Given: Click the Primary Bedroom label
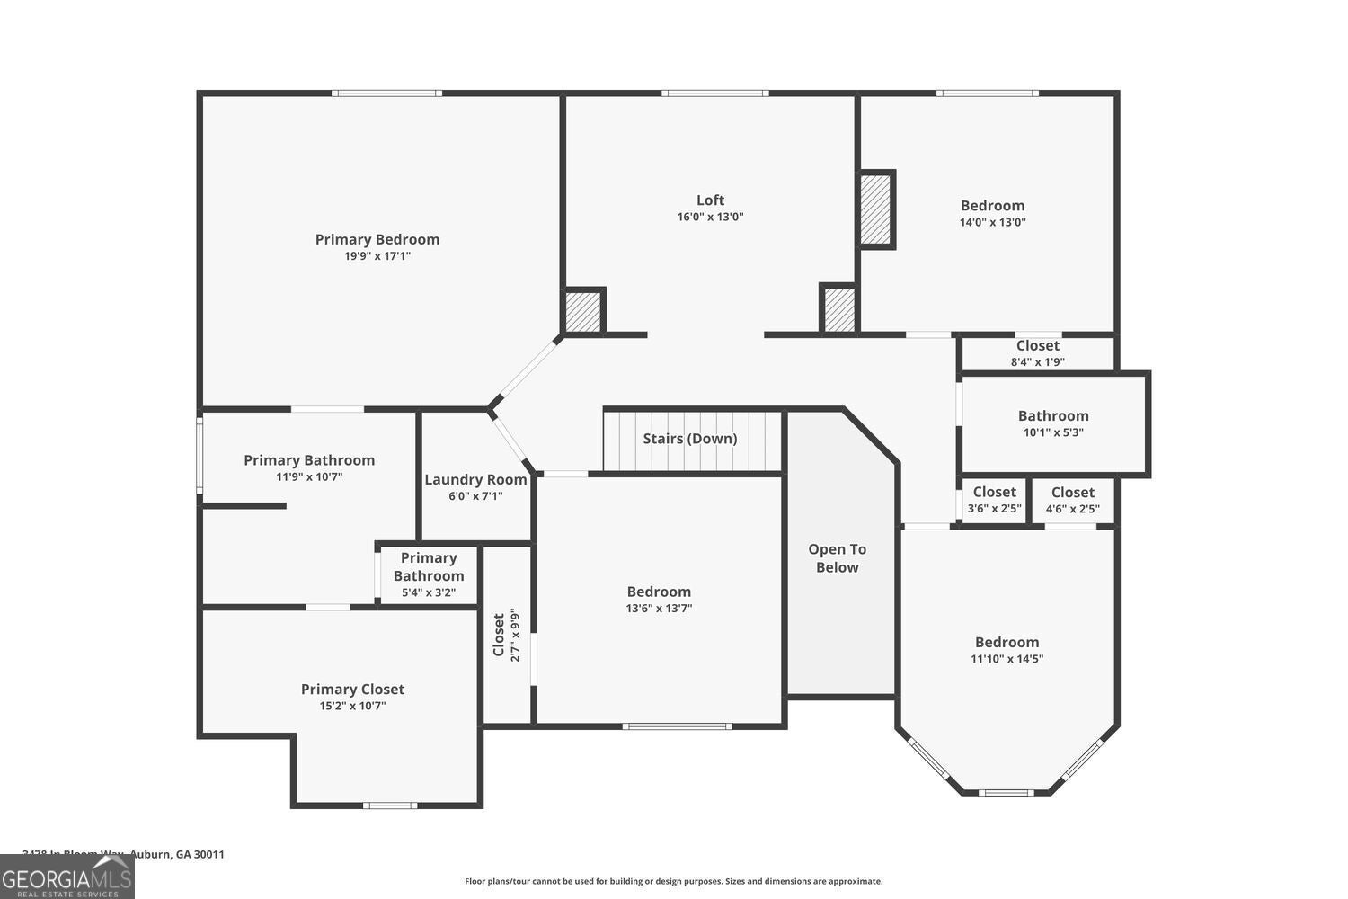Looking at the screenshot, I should click(377, 239).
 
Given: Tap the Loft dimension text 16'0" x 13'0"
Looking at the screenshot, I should click(710, 217).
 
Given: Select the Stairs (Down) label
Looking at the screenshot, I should click(689, 439).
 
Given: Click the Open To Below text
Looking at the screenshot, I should click(837, 558).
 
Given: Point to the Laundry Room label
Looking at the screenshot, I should click(475, 480).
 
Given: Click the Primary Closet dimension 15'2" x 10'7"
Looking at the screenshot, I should click(352, 706).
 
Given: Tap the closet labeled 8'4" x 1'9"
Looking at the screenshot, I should click(1037, 352).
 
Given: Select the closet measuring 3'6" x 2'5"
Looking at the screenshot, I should click(994, 499).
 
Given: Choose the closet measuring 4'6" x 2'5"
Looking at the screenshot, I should click(1072, 499).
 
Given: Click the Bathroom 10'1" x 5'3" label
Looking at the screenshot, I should click(1053, 416).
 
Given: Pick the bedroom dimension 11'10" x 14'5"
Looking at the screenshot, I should click(1007, 658).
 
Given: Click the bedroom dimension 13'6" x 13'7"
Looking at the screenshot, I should click(659, 608).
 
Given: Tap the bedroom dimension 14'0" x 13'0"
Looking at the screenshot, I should click(992, 222).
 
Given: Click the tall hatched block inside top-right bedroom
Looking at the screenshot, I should click(875, 209).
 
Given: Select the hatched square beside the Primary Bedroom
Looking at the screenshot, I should click(582, 311).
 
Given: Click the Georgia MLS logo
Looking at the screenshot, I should click(67, 876).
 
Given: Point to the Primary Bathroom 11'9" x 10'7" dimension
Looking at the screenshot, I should click(309, 476).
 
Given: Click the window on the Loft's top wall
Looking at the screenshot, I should click(715, 93).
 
